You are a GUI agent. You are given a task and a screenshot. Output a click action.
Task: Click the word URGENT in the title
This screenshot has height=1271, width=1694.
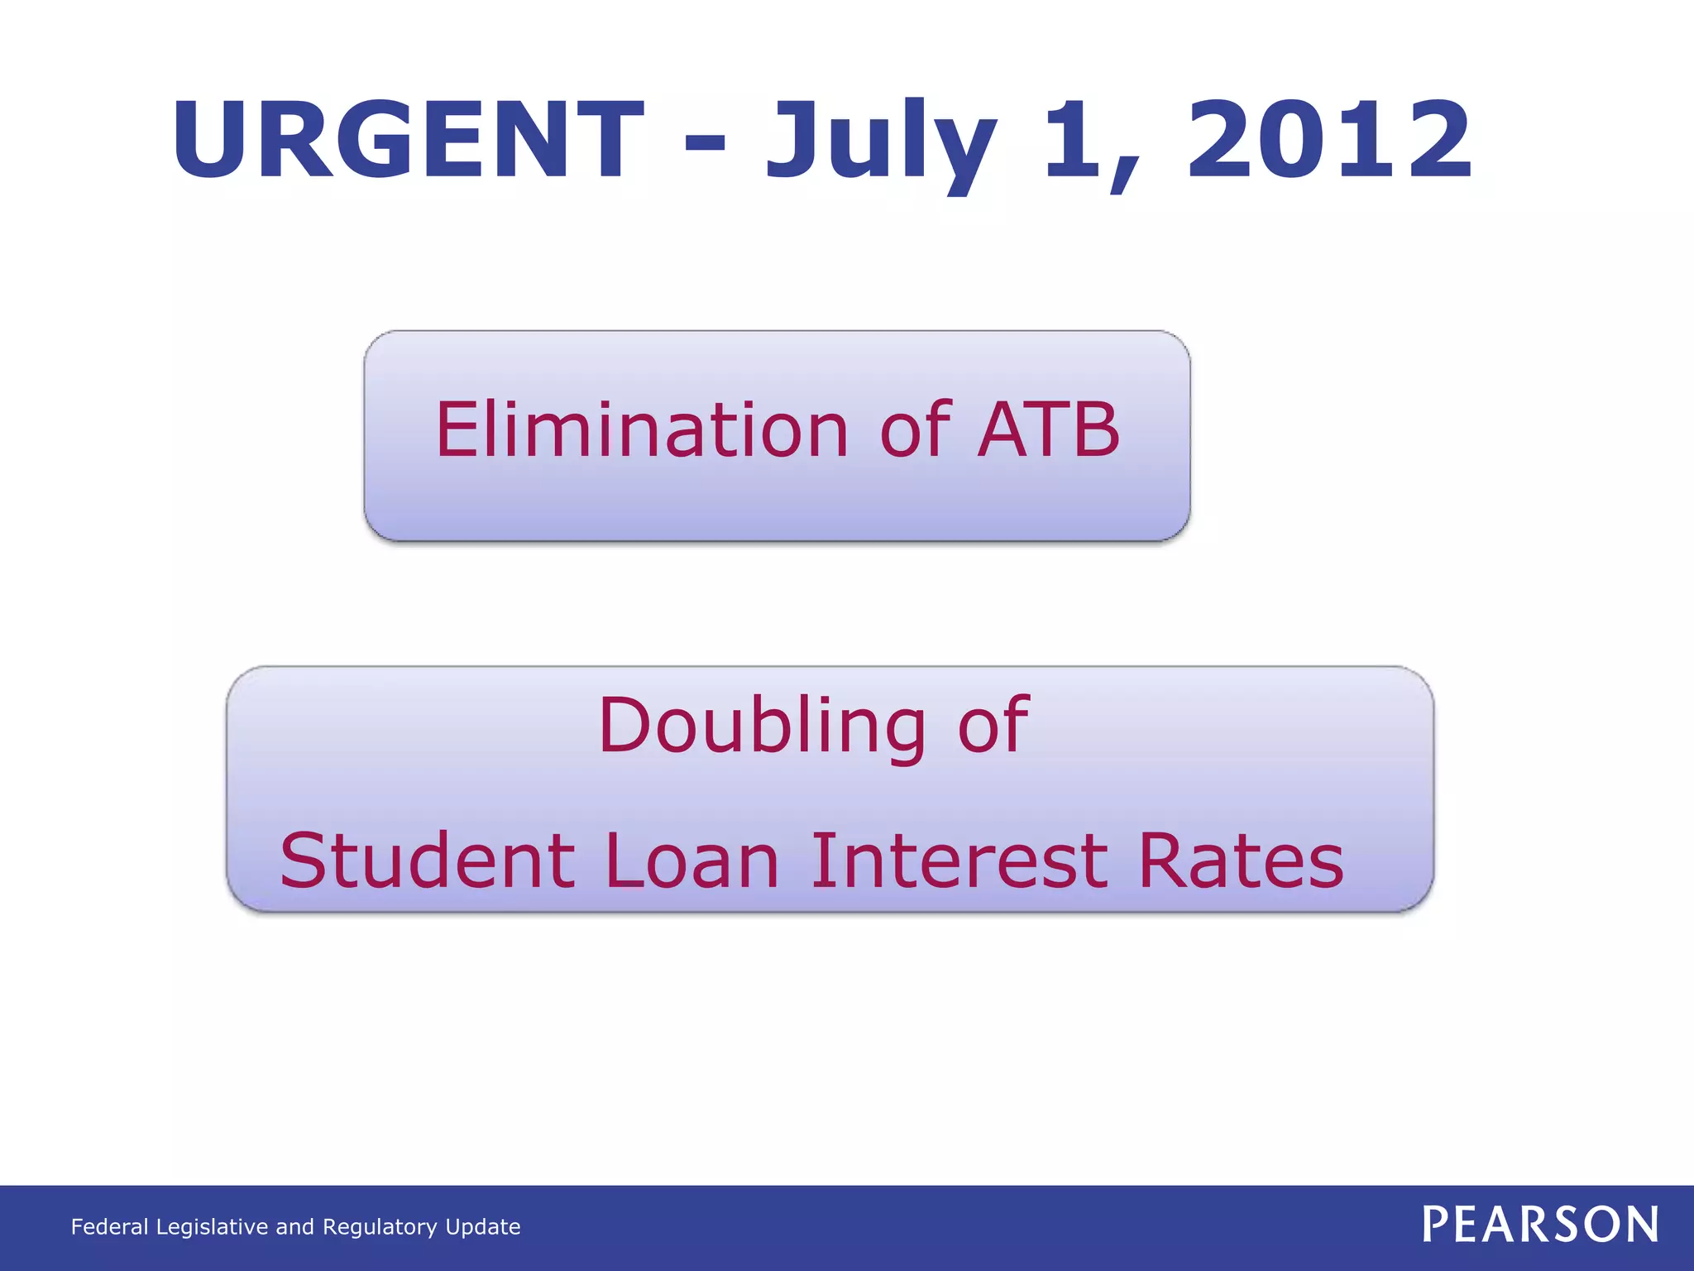tap(407, 141)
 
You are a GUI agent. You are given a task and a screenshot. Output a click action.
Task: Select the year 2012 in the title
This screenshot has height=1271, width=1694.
tap(1329, 141)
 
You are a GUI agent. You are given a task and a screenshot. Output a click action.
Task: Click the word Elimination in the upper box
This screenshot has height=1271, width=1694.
tap(642, 430)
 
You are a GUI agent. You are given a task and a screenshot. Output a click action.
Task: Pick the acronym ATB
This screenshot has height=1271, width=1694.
tap(1048, 430)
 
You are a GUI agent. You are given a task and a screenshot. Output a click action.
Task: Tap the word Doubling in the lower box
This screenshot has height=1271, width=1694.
tap(762, 727)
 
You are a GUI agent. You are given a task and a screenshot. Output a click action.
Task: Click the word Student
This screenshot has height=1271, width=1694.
tap(427, 862)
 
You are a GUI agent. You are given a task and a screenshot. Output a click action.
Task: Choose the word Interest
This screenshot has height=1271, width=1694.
tap(959, 862)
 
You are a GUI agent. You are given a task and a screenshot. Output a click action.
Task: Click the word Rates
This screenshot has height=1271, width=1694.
tap(1241, 862)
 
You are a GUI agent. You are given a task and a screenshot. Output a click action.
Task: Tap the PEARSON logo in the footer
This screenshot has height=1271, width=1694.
tap(1540, 1225)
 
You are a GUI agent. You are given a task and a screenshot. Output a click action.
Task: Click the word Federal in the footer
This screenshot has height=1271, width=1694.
tap(109, 1227)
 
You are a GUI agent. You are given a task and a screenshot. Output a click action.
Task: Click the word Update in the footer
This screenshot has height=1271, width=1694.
tap(483, 1227)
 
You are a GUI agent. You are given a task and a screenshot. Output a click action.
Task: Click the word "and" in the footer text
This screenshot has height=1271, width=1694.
tap(294, 1227)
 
